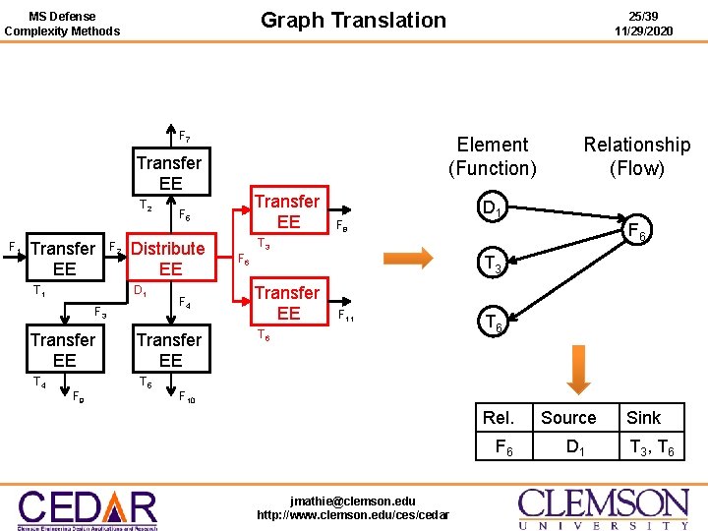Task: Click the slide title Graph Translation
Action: point(353,20)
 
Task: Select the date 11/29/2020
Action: point(644,30)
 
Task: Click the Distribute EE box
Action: point(170,259)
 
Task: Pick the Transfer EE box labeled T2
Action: point(169,173)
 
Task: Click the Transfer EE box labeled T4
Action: point(64,350)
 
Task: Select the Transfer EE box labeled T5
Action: point(170,350)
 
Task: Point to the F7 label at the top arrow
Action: point(185,137)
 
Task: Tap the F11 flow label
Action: point(346,318)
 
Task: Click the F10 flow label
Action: point(187,397)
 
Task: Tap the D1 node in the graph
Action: point(492,208)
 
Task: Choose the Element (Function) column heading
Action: point(493,156)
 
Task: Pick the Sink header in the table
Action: point(644,417)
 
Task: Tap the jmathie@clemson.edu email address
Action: point(352,501)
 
